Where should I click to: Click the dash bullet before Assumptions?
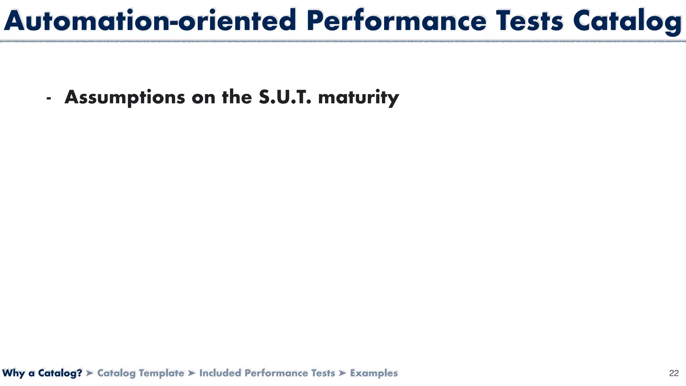[x=49, y=99]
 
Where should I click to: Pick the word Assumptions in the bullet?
[x=125, y=98]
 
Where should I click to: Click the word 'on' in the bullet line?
[x=203, y=98]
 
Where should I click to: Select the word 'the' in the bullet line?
[x=237, y=97]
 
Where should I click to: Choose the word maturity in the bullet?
[x=358, y=98]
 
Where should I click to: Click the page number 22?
[x=674, y=373]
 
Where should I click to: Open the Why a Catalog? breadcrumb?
[x=42, y=373]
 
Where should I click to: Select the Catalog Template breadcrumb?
[x=140, y=373]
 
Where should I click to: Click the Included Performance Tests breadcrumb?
[x=267, y=373]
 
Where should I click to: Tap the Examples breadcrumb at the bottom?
[x=374, y=373]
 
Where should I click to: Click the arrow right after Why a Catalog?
[x=89, y=373]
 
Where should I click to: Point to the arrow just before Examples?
[x=342, y=373]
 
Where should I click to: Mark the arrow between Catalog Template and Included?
[x=192, y=373]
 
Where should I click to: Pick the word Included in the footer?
[x=220, y=373]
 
